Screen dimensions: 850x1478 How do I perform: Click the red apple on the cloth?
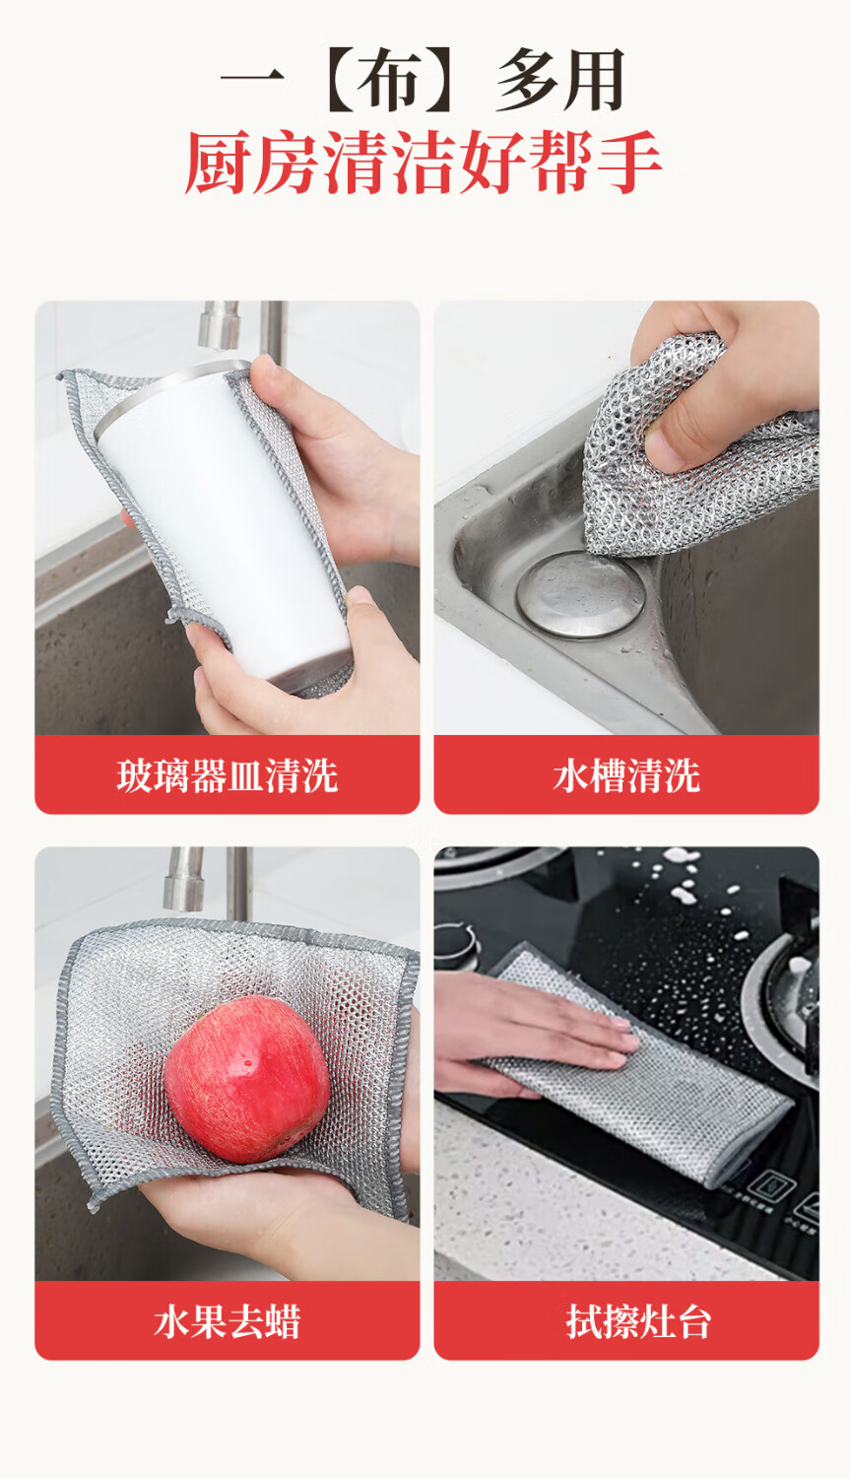[x=247, y=1079]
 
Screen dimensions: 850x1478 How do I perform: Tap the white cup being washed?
[x=221, y=521]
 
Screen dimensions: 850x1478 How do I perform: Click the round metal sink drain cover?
[x=581, y=595]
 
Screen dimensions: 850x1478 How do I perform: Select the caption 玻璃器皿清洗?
[x=228, y=775]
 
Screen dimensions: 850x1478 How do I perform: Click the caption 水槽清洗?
[x=626, y=775]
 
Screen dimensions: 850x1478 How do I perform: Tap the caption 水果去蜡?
[x=228, y=1321]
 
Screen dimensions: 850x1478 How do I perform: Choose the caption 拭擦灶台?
[x=638, y=1321]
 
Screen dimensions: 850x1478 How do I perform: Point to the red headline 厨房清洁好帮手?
[x=424, y=162]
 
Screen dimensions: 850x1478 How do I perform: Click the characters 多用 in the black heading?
[x=560, y=79]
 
